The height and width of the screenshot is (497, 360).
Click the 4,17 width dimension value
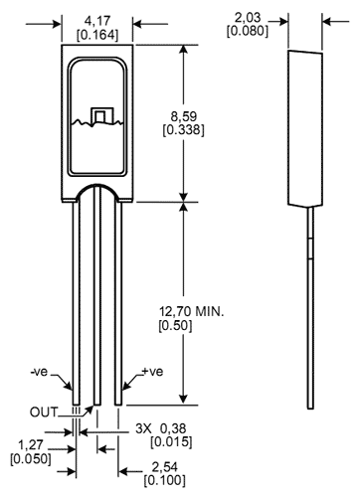[x=97, y=21]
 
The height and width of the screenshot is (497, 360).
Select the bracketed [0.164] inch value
[x=97, y=35]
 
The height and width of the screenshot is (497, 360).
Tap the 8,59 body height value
[x=184, y=116]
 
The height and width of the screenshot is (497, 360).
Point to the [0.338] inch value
[x=183, y=130]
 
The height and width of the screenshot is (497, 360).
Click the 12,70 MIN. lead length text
[x=192, y=312]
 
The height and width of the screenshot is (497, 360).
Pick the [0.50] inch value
[x=175, y=326]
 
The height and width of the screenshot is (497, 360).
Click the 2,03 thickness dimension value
[x=248, y=17]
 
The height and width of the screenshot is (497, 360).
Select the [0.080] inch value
[x=248, y=31]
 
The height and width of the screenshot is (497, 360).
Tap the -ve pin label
[x=39, y=372]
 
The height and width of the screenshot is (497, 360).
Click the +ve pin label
[x=152, y=372]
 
